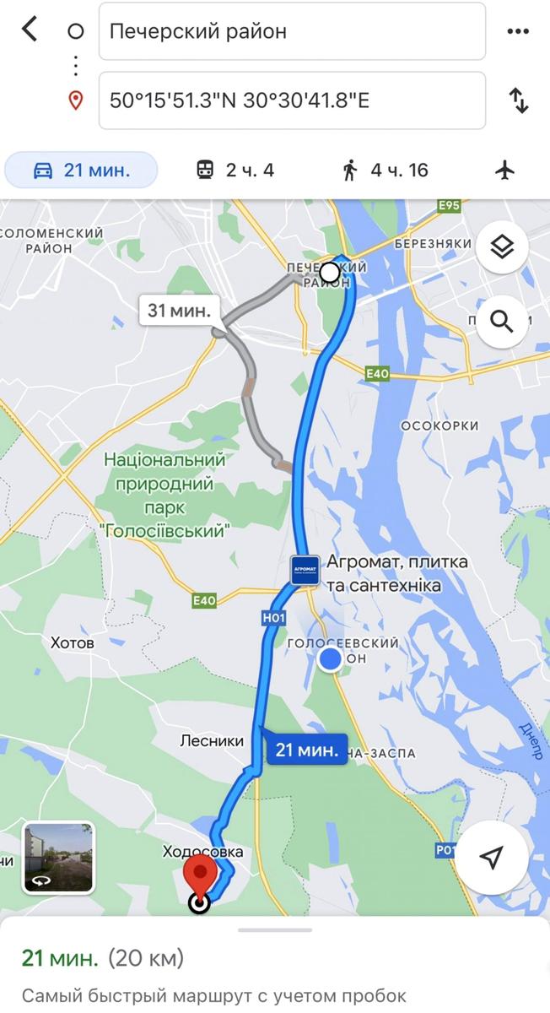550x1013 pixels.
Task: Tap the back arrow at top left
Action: pyautogui.click(x=30, y=30)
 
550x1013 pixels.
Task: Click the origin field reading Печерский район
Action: pyautogui.click(x=292, y=32)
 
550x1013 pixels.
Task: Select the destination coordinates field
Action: pyautogui.click(x=292, y=100)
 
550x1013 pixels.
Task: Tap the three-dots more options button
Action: pyautogui.click(x=517, y=32)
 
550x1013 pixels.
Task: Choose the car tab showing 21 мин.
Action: pyautogui.click(x=82, y=170)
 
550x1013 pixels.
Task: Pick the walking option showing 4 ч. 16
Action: pyautogui.click(x=386, y=170)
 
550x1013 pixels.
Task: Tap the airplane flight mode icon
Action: pyautogui.click(x=505, y=170)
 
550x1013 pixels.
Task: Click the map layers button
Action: pyautogui.click(x=502, y=247)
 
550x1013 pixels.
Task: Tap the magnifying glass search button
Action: pyautogui.click(x=502, y=322)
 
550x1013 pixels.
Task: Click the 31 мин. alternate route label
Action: pyautogui.click(x=179, y=310)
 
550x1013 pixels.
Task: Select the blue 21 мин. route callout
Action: pyautogui.click(x=307, y=749)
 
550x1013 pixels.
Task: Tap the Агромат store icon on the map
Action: pyautogui.click(x=305, y=571)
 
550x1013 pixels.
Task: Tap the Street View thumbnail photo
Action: pyautogui.click(x=59, y=857)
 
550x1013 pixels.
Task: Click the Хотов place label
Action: pyautogui.click(x=73, y=643)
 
